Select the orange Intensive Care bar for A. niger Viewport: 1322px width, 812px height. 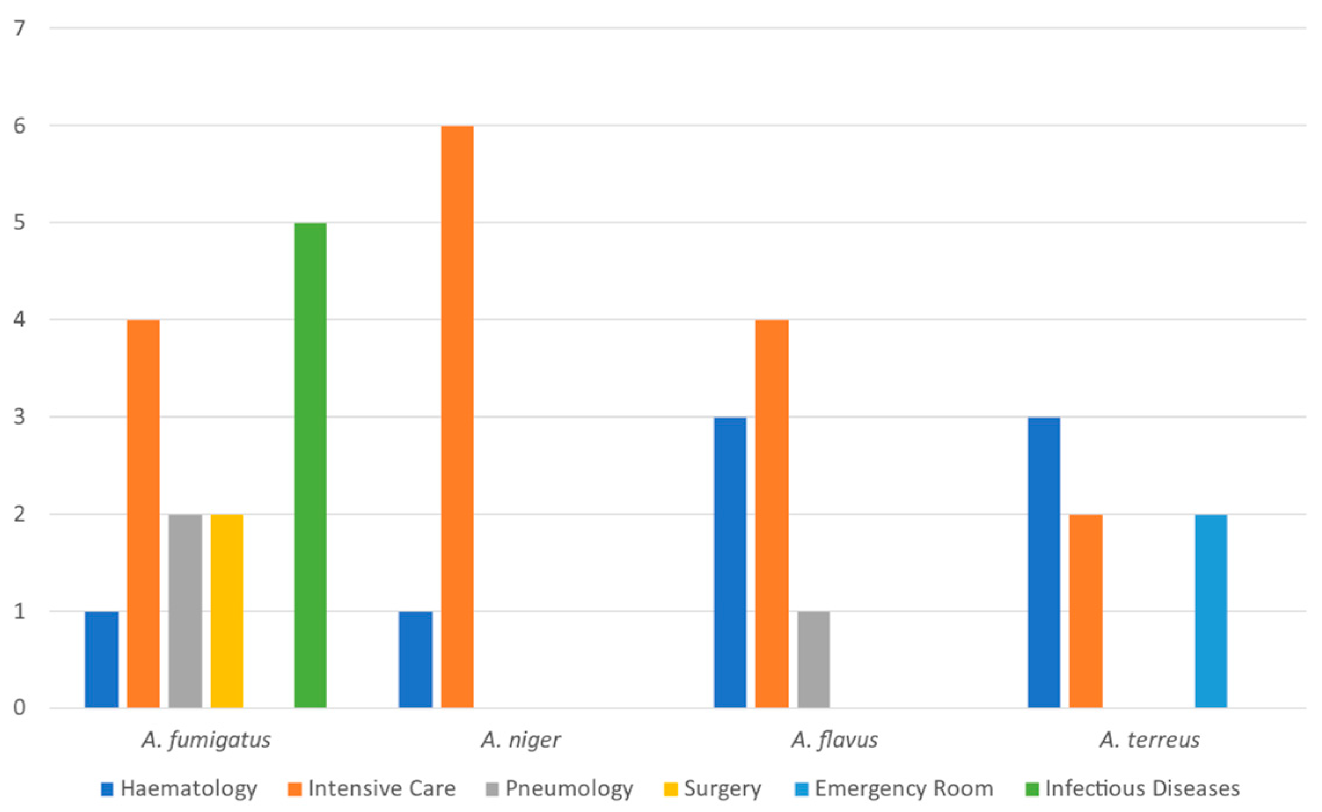tap(457, 416)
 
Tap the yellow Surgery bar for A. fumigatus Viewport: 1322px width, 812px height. tap(226, 610)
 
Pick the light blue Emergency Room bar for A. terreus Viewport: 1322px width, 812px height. tap(1211, 610)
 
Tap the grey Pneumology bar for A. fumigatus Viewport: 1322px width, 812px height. tap(185, 610)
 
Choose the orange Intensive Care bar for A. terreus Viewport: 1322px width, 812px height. tap(1085, 610)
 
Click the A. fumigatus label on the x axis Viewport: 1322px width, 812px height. tap(206, 740)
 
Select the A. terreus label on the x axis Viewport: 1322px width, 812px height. tap(1149, 740)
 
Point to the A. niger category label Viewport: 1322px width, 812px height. tap(520, 740)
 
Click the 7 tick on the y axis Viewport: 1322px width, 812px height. tap(20, 28)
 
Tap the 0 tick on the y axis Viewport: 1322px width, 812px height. tap(20, 707)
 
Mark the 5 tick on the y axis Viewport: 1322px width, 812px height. tap(20, 222)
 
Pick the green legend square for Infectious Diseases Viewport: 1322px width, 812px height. tap(1031, 789)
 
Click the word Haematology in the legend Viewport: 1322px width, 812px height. tap(188, 788)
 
